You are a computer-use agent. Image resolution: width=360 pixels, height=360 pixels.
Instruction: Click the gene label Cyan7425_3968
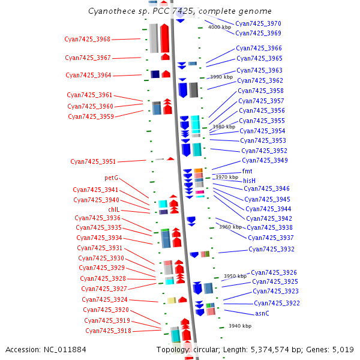click(x=87, y=39)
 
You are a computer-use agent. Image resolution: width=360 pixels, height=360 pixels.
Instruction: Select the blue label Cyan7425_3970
click(x=258, y=23)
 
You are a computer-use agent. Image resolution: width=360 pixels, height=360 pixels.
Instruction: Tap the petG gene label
click(x=112, y=178)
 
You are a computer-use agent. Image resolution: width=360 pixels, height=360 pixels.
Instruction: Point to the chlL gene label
click(x=114, y=209)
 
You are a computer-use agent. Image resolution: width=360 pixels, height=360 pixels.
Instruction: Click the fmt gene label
click(x=247, y=171)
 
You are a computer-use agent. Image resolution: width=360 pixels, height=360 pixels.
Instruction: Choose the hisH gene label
click(x=250, y=181)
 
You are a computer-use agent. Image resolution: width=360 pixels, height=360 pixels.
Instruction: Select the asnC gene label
click(x=262, y=314)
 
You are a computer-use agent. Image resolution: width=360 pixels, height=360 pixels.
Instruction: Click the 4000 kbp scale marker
click(x=220, y=28)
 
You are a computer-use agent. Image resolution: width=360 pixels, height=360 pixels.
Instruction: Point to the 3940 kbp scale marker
click(x=240, y=326)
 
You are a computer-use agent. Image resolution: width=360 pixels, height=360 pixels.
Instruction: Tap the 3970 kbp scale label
click(x=227, y=177)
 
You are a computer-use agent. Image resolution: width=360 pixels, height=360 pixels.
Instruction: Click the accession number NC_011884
click(x=65, y=350)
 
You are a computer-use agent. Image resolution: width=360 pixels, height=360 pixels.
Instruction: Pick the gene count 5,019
click(x=343, y=350)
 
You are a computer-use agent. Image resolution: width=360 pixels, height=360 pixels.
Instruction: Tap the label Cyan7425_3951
click(x=93, y=161)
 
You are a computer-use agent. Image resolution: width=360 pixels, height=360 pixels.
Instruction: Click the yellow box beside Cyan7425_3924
click(x=172, y=301)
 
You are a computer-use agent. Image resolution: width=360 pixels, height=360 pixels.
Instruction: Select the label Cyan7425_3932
click(x=271, y=250)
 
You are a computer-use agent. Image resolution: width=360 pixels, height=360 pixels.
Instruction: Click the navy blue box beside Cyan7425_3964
click(x=155, y=74)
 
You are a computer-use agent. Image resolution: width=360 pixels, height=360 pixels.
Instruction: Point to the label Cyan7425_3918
click(x=109, y=331)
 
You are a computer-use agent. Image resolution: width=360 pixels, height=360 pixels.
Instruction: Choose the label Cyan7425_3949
click(x=265, y=160)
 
